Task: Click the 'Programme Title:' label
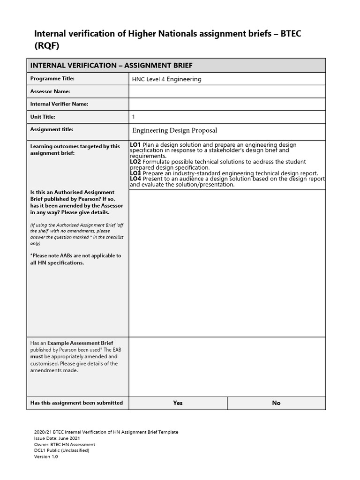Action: [x=52, y=79]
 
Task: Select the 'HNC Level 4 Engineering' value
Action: [x=167, y=79]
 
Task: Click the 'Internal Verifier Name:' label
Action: [x=59, y=104]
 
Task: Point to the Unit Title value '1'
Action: [x=134, y=117]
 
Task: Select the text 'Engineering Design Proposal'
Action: [x=174, y=130]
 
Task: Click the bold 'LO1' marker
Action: [x=135, y=145]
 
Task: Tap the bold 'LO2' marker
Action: [x=135, y=162]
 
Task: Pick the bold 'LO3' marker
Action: [x=135, y=173]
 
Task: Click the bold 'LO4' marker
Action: [x=135, y=179]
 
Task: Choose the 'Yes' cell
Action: [x=178, y=403]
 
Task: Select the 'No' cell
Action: [x=276, y=403]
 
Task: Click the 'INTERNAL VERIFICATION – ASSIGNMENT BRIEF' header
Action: [x=111, y=66]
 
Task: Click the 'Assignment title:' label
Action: [x=52, y=129]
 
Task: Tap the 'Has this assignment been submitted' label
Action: [x=76, y=403]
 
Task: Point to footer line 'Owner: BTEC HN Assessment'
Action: [x=64, y=444]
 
